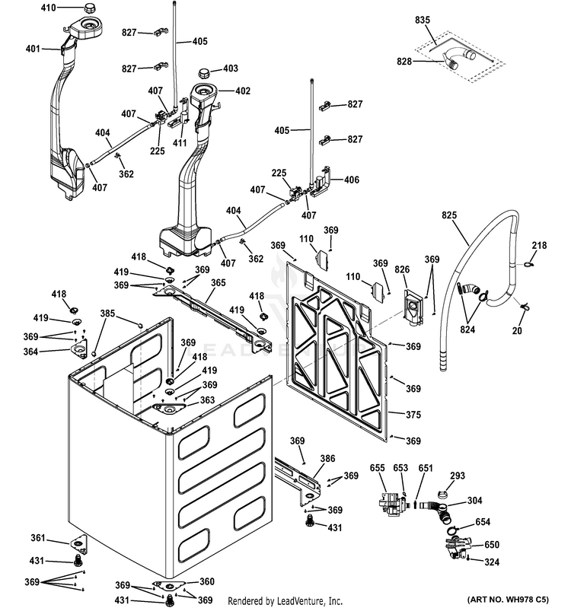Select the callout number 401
click(x=32, y=49)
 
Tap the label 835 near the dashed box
click(x=423, y=19)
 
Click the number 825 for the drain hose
click(x=450, y=215)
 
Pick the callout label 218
click(x=539, y=245)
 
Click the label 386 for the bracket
click(x=327, y=459)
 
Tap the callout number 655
click(x=378, y=469)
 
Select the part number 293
click(x=457, y=476)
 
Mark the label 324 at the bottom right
click(x=493, y=562)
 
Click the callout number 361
click(x=39, y=539)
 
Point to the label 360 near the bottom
click(x=207, y=581)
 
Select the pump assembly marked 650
click(x=458, y=546)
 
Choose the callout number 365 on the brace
click(x=219, y=283)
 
